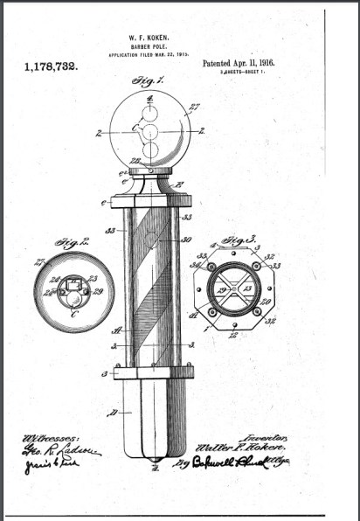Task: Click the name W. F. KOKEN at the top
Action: pyautogui.click(x=149, y=37)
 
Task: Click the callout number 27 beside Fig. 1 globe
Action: pyautogui.click(x=193, y=108)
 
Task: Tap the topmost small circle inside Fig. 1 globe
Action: pyautogui.click(x=149, y=113)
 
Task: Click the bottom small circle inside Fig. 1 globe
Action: pyautogui.click(x=149, y=150)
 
